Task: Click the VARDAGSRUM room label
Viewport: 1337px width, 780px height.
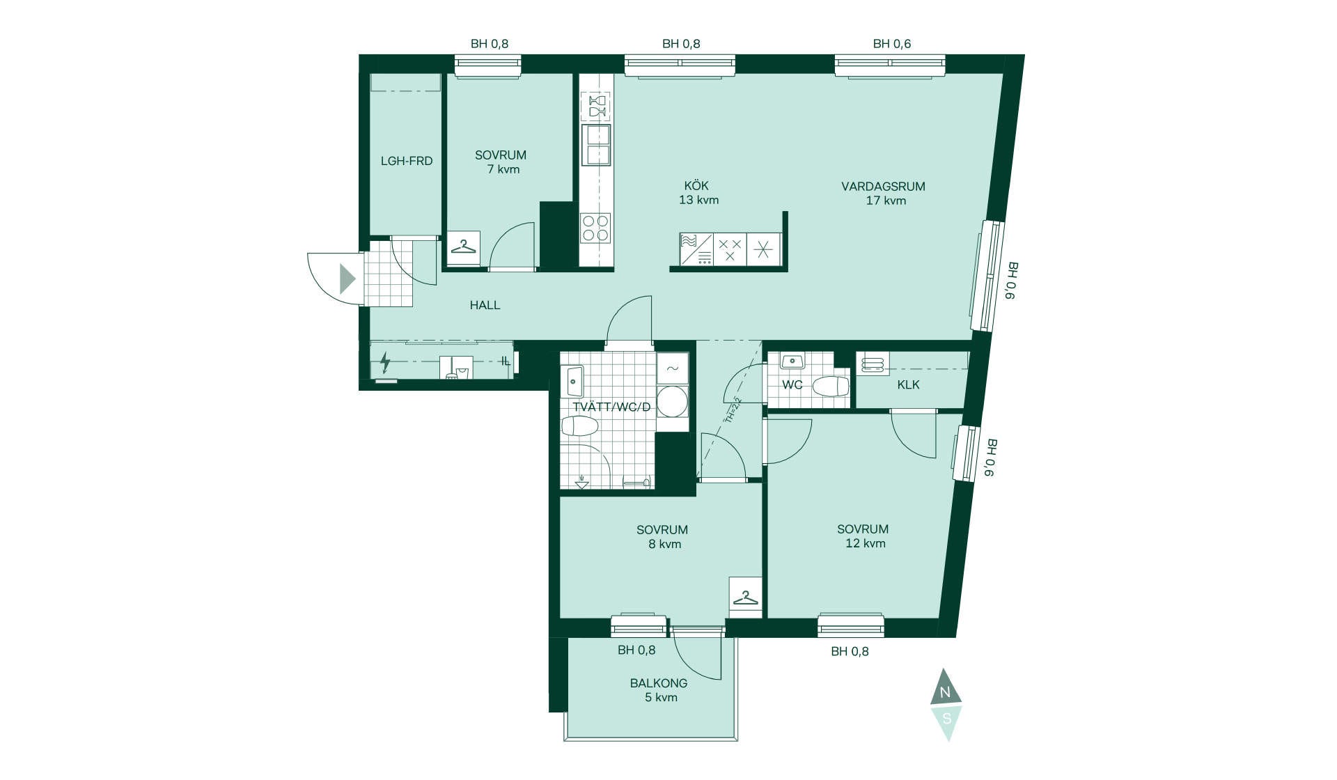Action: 883,187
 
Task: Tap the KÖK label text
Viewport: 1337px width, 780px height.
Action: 696,185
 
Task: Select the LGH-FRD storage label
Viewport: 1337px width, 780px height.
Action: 407,161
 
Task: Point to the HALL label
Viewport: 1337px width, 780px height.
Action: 485,305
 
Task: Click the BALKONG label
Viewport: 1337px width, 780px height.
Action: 659,683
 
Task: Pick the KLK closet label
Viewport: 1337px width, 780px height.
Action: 908,384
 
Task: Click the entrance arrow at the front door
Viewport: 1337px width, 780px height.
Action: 347,279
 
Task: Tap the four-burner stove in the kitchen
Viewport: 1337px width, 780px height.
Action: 595,228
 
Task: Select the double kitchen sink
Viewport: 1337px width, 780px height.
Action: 596,145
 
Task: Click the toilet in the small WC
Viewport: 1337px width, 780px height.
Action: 831,386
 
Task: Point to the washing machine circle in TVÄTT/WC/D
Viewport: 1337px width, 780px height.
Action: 672,401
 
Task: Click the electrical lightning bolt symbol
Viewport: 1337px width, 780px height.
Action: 384,363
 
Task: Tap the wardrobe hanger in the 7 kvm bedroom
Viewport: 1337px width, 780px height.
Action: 464,247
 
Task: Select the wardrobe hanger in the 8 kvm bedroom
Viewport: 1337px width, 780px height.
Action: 746,598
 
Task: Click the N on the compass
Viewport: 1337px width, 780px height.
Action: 946,693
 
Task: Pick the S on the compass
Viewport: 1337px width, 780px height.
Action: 946,719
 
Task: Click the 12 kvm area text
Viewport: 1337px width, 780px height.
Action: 865,543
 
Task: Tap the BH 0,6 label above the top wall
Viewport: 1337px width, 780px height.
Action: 892,44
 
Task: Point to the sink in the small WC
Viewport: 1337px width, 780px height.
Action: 792,361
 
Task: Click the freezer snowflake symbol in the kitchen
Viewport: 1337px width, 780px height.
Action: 763,249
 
